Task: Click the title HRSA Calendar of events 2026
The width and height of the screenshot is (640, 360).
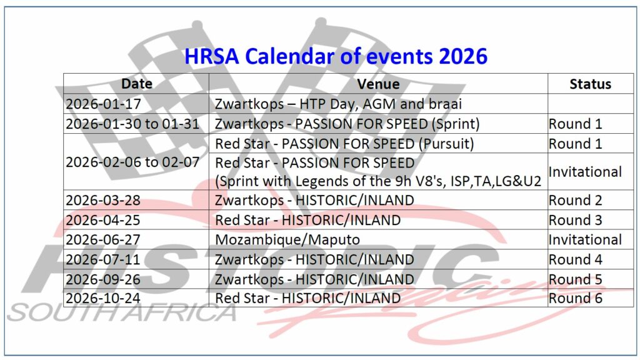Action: coord(336,56)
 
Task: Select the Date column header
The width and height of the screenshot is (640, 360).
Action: coord(137,84)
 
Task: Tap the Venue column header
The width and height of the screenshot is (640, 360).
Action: coord(378,84)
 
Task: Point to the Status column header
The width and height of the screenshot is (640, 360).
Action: coord(590,84)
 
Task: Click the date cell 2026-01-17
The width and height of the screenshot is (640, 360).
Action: coord(104,104)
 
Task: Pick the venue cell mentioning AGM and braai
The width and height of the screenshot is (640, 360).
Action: coord(338,104)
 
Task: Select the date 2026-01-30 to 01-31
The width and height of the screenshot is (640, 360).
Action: coord(132,124)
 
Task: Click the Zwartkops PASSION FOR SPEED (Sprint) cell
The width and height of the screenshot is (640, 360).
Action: coord(347,124)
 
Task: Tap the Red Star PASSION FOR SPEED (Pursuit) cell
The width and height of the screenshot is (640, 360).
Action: coord(344,144)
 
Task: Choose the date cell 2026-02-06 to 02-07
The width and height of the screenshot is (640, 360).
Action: coord(132,162)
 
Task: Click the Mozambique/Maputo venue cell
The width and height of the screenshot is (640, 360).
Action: coord(287,239)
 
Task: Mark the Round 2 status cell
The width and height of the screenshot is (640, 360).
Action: coord(576,200)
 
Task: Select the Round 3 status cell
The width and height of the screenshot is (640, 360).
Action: coord(576,220)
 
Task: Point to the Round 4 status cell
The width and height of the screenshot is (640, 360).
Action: coord(576,259)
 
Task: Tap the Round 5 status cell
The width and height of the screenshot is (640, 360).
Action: coord(576,279)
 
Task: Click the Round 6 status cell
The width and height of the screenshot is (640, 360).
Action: coord(576,298)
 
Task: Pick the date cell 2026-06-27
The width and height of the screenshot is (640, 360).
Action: coord(103,239)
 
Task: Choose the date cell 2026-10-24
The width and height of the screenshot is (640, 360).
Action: coord(103,298)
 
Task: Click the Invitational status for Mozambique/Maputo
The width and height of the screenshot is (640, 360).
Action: coord(585,239)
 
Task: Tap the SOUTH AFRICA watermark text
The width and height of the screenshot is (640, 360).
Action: coord(122,312)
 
